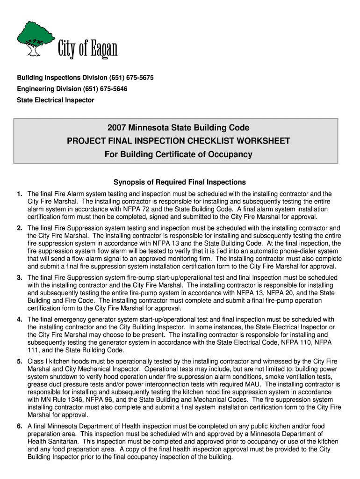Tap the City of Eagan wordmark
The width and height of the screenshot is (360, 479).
point(87,49)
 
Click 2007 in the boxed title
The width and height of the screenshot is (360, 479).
point(117,128)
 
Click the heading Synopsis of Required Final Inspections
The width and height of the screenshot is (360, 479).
point(180,182)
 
